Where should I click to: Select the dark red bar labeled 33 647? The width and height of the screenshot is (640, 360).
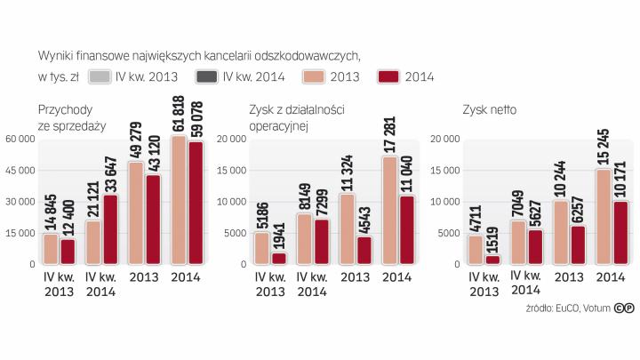click(x=110, y=229)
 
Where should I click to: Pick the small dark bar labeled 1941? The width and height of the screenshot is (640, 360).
click(x=278, y=259)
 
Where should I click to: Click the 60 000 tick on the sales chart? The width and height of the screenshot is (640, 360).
click(x=20, y=139)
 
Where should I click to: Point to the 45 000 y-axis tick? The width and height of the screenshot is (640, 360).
click(x=20, y=170)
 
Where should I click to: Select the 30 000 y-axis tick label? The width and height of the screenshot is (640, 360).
click(x=20, y=202)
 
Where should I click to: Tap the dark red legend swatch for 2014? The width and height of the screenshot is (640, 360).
click(x=388, y=76)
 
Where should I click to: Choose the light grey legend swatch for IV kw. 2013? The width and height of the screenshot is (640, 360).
click(x=100, y=76)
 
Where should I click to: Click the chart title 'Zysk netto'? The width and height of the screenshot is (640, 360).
click(x=489, y=110)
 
